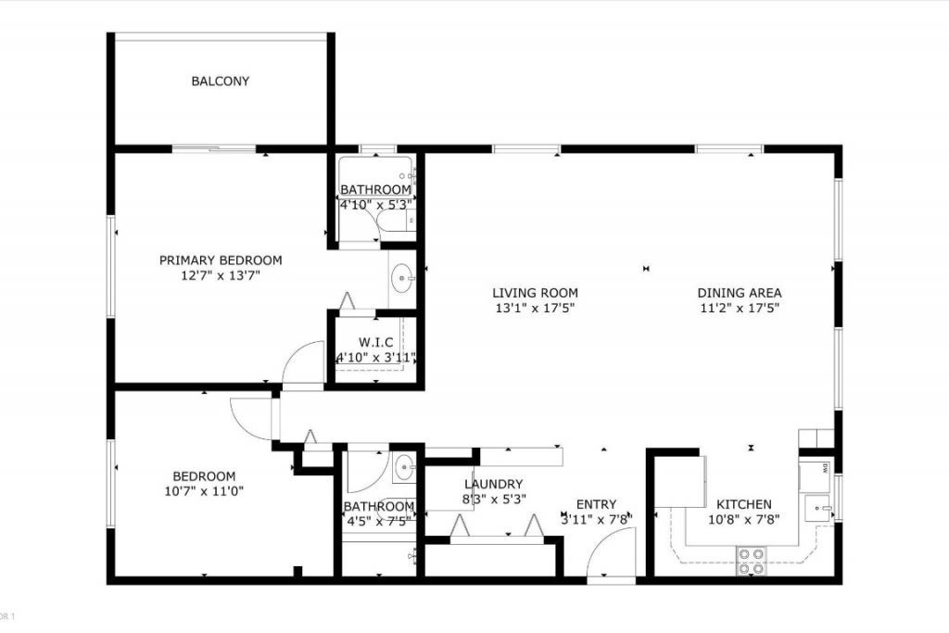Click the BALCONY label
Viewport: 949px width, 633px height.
pos(221,82)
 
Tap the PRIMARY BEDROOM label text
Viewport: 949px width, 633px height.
pos(221,260)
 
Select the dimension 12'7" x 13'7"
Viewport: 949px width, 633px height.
pos(221,274)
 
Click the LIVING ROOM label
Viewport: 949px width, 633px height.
pos(535,293)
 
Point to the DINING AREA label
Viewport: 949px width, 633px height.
pos(739,293)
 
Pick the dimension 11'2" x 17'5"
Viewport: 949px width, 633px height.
pos(739,308)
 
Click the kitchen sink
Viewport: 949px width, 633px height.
pos(816,508)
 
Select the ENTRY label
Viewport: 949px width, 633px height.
pos(596,504)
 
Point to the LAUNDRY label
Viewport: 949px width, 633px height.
pos(494,484)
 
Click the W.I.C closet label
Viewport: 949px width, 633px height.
pos(375,343)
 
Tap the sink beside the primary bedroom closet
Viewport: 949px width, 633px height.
pos(402,276)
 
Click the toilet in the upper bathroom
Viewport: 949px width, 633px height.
pos(396,221)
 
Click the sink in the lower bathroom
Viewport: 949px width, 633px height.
pos(403,468)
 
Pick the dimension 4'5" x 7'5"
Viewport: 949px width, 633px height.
pos(378,521)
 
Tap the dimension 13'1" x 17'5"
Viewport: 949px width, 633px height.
pos(535,308)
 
